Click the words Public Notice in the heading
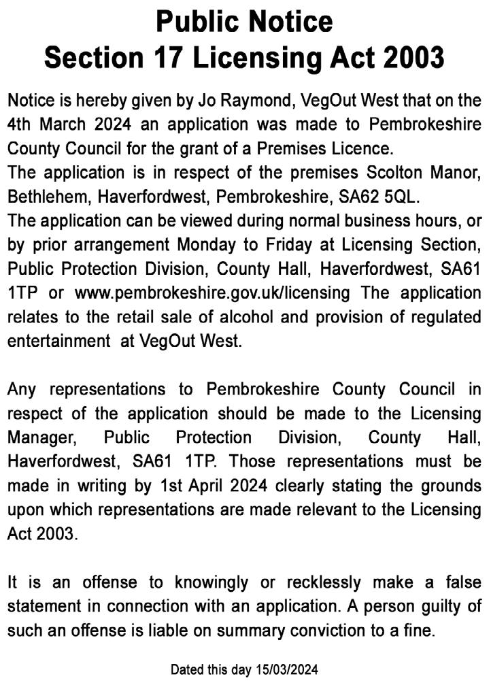pyautogui.click(x=245, y=22)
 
